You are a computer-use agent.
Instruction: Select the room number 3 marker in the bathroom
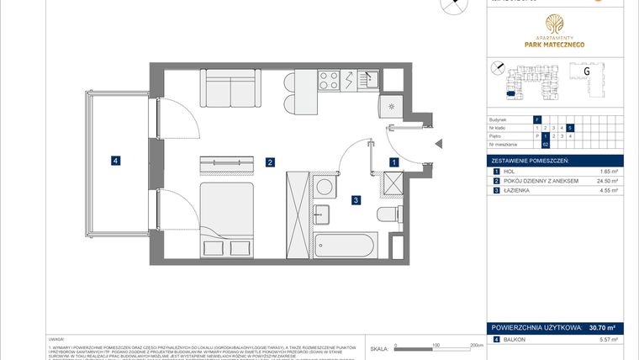356,200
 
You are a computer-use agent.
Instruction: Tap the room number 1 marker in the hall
393,161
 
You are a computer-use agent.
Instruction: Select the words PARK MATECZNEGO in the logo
553,45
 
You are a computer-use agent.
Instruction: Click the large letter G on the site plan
585,71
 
